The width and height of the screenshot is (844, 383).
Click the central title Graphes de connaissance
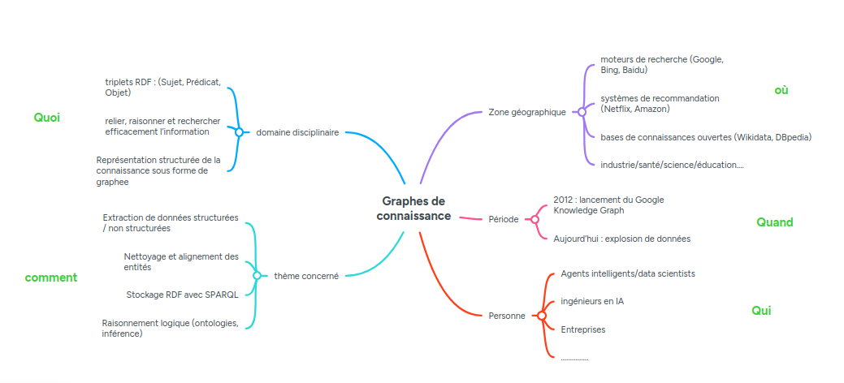coord(413,209)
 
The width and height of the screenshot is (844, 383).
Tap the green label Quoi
coord(47,118)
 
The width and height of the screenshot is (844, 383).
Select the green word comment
coord(51,278)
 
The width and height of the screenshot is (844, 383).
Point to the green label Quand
coord(774,222)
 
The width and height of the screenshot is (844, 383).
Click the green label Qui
coord(761,311)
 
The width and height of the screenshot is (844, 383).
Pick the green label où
coord(781,90)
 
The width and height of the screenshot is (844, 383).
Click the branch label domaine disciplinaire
coord(297,132)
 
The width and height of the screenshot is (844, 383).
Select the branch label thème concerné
coord(306,276)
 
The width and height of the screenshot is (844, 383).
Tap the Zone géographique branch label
coord(527,112)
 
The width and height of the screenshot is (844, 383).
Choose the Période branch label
coord(504,219)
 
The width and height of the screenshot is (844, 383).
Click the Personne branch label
coord(507,316)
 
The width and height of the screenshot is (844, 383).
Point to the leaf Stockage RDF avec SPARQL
coord(182,295)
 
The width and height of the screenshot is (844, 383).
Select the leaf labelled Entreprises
coord(582,329)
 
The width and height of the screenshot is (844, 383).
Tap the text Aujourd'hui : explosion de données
coord(621,239)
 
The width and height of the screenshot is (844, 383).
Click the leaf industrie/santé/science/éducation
coord(672,165)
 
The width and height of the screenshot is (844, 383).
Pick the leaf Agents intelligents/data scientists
coord(627,273)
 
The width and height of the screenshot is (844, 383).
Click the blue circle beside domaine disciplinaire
coord(240,131)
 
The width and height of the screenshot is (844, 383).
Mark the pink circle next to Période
coord(535,219)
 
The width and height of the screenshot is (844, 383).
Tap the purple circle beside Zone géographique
coord(582,112)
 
